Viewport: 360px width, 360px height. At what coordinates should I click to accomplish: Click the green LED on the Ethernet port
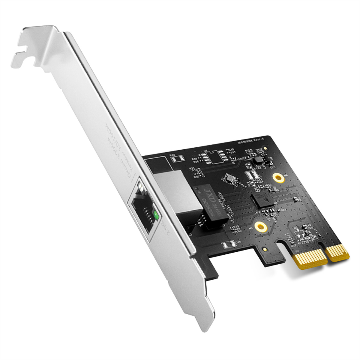[x=156, y=215]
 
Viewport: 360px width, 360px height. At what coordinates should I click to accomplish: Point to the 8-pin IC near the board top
[x=215, y=156]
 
